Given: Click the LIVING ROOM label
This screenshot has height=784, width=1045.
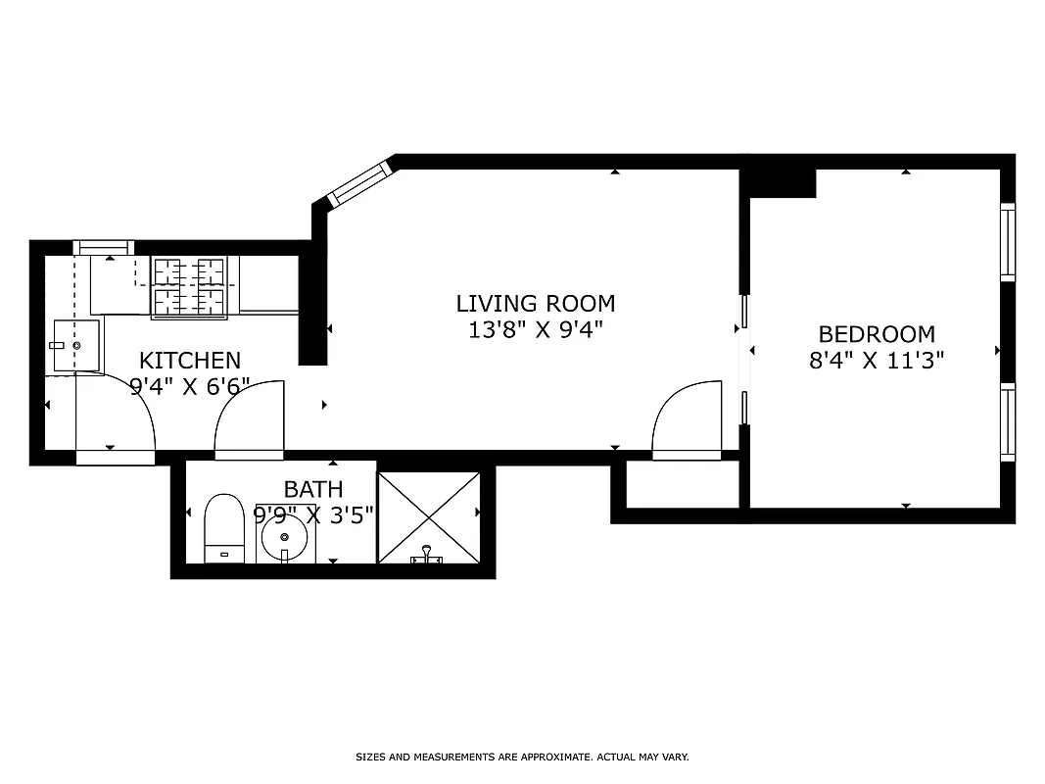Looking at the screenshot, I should pyautogui.click(x=536, y=303).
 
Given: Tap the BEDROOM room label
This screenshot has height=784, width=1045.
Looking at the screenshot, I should pyautogui.click(x=877, y=334).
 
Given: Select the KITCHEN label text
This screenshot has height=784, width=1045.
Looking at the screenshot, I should pyautogui.click(x=190, y=360).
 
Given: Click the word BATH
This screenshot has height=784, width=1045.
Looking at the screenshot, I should pyautogui.click(x=313, y=489).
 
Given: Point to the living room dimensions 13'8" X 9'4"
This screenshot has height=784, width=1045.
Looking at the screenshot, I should pyautogui.click(x=536, y=330).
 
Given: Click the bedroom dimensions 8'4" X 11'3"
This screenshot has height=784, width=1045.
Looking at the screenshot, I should pyautogui.click(x=877, y=361).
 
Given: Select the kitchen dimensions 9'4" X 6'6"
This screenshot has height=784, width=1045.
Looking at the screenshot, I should pyautogui.click(x=190, y=385).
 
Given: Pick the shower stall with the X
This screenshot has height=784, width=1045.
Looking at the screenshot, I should pyautogui.click(x=429, y=517).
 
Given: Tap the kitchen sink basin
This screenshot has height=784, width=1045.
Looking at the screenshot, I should pyautogui.click(x=74, y=346).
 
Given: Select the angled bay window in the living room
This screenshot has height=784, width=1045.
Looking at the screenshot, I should pyautogui.click(x=359, y=184).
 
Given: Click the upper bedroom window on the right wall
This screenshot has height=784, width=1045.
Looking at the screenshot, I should pyautogui.click(x=1007, y=241).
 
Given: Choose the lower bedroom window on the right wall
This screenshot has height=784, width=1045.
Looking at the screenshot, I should pyautogui.click(x=1007, y=421).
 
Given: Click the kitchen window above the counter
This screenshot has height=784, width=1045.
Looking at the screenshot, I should pyautogui.click(x=104, y=247).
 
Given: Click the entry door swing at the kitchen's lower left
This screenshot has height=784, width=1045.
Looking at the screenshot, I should pyautogui.click(x=115, y=421).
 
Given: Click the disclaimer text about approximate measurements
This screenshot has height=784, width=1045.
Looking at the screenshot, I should pyautogui.click(x=522, y=757).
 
